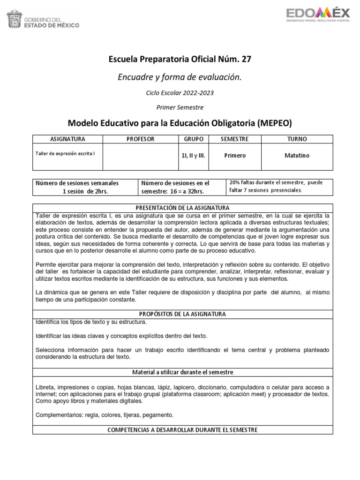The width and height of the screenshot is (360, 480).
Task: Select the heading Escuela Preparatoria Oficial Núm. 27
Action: pos(180,59)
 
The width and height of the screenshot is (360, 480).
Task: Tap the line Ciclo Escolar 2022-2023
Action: pos(180,93)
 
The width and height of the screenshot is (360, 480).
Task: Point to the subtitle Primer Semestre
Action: pos(180,107)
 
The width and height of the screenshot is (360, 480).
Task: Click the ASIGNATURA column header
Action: pos(67,139)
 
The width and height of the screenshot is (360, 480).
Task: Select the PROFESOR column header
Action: pos(141,139)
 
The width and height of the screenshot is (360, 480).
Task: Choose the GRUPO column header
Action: pos(193,139)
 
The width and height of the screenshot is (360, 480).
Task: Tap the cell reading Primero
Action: pos(234,156)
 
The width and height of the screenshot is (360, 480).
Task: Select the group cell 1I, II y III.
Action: pos(193,156)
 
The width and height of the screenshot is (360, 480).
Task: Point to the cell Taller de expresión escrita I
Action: pos(65,153)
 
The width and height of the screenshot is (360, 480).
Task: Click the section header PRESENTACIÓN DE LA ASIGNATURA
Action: pos(182,208)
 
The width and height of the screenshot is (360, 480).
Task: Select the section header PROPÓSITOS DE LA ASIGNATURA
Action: pos(182,314)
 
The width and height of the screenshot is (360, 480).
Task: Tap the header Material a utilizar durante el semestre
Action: pos(182,372)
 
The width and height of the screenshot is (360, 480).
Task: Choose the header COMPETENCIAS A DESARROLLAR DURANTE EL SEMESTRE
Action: pos(182,430)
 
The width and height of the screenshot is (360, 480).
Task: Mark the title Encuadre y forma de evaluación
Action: pos(180,77)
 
